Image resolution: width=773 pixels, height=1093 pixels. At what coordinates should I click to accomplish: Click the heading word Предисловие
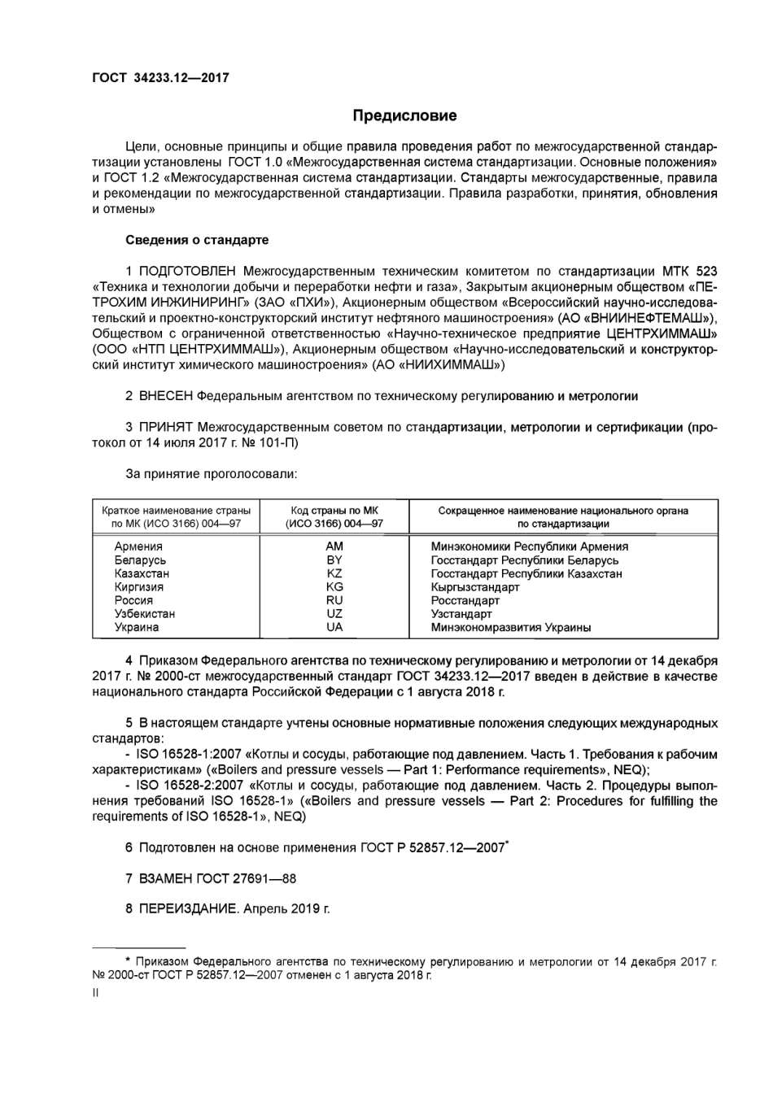(x=404, y=115)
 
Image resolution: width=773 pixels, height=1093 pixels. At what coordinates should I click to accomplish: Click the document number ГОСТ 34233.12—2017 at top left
(x=160, y=78)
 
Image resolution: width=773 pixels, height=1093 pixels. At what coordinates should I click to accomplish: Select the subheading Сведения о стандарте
(x=197, y=240)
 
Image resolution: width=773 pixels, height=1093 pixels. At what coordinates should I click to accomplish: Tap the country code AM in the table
(x=334, y=546)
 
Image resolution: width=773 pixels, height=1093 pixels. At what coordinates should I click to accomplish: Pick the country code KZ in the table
(x=334, y=573)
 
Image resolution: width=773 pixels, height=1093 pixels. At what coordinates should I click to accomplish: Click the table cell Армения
(x=138, y=546)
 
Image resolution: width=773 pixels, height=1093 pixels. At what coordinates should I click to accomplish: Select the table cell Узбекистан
(x=145, y=614)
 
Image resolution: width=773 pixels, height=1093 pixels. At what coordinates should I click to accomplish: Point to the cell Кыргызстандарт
(x=475, y=587)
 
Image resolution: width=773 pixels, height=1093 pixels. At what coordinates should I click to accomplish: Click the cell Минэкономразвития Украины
(x=511, y=627)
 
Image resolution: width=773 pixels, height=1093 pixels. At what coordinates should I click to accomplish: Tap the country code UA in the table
(x=334, y=627)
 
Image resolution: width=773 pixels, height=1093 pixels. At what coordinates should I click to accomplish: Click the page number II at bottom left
(x=95, y=993)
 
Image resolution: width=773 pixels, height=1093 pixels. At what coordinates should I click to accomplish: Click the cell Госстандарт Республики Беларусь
(x=525, y=560)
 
